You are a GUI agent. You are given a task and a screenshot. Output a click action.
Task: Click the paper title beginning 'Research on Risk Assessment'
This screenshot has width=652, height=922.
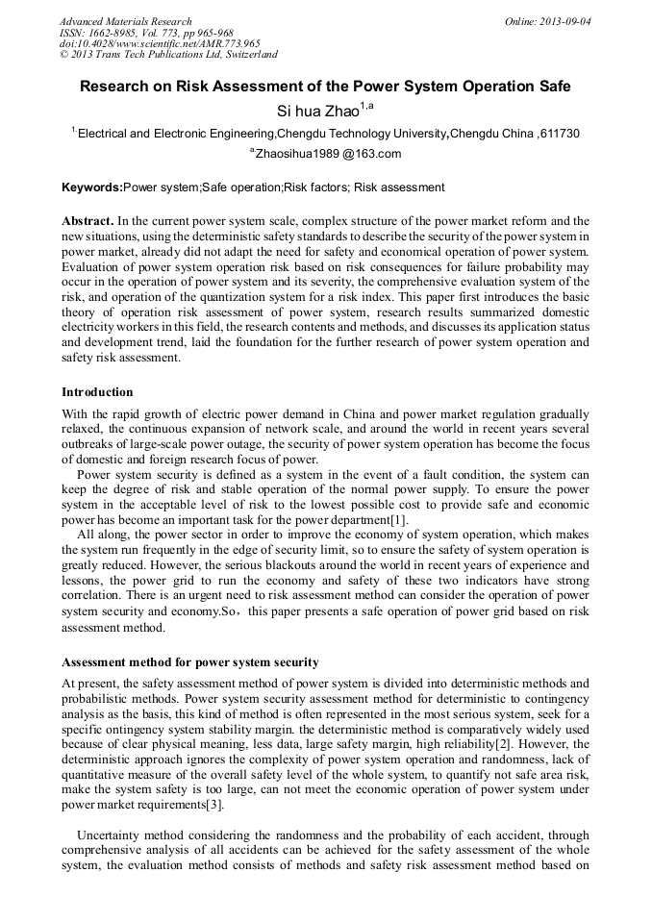(325, 87)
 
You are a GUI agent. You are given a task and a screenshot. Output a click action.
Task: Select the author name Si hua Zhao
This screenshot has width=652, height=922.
(317, 111)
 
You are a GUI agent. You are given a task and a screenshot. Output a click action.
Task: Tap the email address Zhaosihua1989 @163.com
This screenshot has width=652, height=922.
(327, 154)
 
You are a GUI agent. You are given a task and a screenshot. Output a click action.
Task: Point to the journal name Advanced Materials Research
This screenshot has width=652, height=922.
(126, 21)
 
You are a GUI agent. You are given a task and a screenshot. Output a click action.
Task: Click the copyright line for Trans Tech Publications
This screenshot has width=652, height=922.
(168, 55)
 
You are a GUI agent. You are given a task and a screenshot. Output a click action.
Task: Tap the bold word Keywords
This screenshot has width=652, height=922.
(91, 187)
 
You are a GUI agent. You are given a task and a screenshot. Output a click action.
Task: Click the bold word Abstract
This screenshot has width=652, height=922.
(88, 221)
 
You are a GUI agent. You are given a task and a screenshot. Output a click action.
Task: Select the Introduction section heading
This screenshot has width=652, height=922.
(97, 392)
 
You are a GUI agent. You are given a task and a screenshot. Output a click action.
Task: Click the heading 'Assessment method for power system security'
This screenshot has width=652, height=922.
(190, 662)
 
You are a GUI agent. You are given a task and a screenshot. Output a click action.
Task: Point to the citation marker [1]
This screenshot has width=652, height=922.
(399, 520)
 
